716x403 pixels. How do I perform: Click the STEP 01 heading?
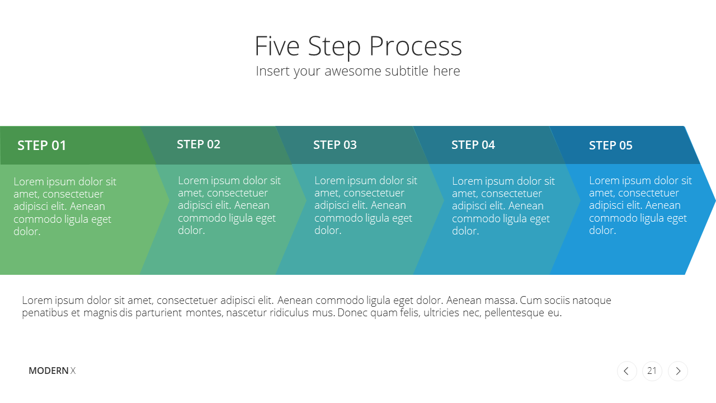click(x=41, y=146)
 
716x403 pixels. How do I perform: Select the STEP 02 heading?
click(x=199, y=144)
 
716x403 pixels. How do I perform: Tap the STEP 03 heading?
click(x=335, y=145)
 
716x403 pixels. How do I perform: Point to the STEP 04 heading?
click(x=473, y=145)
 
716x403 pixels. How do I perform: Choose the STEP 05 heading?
click(x=610, y=146)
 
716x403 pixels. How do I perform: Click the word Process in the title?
click(x=416, y=46)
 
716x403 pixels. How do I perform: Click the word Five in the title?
click(x=277, y=46)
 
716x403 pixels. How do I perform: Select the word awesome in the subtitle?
click(x=352, y=71)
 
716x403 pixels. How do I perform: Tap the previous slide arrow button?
click(x=627, y=371)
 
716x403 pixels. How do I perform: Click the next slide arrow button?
click(x=677, y=371)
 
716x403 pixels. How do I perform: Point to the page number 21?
click(x=652, y=371)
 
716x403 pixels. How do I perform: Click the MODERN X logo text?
click(x=52, y=371)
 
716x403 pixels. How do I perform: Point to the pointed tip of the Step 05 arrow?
click(x=715, y=200)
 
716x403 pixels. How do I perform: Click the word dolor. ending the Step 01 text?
click(x=27, y=231)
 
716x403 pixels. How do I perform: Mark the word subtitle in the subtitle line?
click(x=407, y=71)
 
